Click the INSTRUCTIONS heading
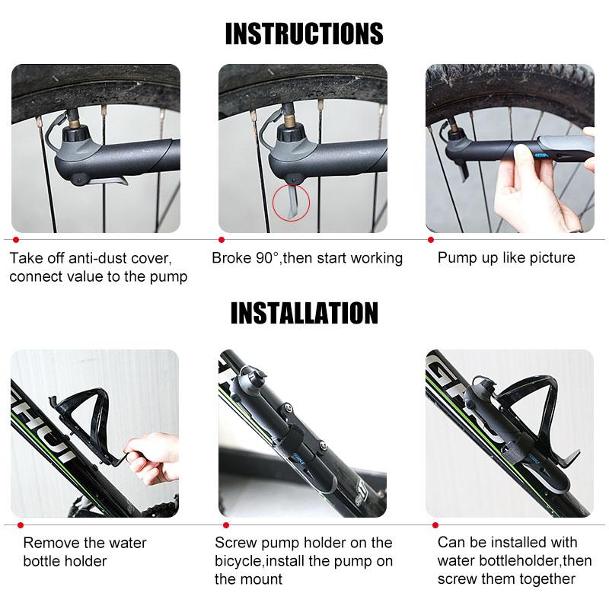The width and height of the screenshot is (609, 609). [x=304, y=33]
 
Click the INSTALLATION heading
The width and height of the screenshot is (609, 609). [x=304, y=313]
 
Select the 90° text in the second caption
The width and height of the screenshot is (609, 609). [x=267, y=258]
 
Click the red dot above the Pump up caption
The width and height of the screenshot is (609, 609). [x=431, y=240]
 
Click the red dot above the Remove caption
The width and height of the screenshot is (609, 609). [x=21, y=525]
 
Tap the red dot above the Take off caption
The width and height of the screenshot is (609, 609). [x=16, y=240]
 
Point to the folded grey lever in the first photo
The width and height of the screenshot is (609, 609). [x=109, y=180]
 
